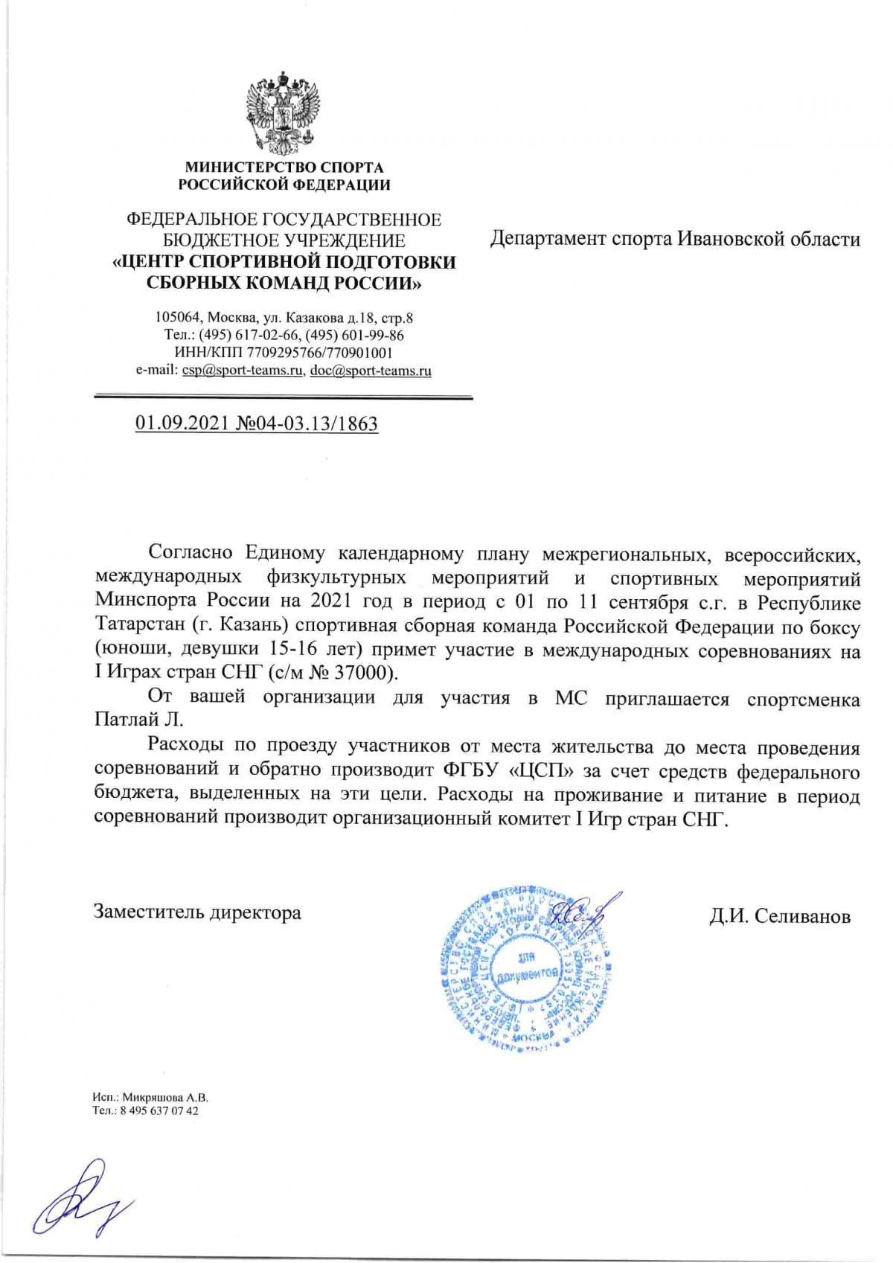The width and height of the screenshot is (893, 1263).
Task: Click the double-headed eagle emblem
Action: click(284, 112)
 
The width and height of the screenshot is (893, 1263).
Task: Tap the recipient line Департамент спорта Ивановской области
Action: click(675, 239)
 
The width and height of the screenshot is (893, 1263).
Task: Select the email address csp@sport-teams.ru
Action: click(243, 370)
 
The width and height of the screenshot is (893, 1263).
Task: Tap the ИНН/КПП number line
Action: click(284, 352)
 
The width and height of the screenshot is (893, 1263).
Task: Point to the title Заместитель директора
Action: click(197, 912)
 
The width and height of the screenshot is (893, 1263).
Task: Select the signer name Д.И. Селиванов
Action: click(779, 916)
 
